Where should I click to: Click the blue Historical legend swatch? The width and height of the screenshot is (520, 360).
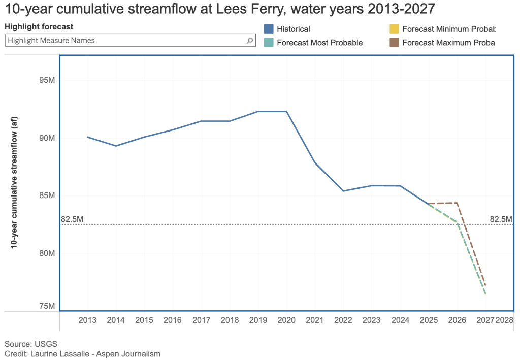click(269, 29)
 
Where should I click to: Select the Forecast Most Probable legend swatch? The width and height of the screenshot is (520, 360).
click(269, 43)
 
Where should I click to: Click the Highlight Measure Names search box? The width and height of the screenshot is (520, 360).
click(124, 41)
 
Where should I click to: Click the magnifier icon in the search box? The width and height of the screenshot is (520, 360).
click(249, 41)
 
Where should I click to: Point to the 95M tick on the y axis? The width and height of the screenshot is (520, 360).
click(44, 80)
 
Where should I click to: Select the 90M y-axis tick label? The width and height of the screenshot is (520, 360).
click(44, 138)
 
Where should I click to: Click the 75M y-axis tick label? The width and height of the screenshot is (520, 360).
click(44, 306)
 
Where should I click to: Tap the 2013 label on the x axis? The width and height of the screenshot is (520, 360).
click(87, 321)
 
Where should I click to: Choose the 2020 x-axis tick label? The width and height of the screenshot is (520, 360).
click(286, 321)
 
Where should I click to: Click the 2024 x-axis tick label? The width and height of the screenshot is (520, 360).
click(401, 321)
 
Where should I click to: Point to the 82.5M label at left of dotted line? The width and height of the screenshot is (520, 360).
click(72, 219)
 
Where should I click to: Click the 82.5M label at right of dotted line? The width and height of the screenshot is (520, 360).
click(501, 219)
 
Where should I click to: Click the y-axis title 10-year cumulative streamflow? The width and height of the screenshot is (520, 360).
click(15, 182)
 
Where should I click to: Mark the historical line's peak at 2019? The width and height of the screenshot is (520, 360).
click(258, 111)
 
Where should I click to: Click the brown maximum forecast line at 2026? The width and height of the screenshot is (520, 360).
click(458, 203)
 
